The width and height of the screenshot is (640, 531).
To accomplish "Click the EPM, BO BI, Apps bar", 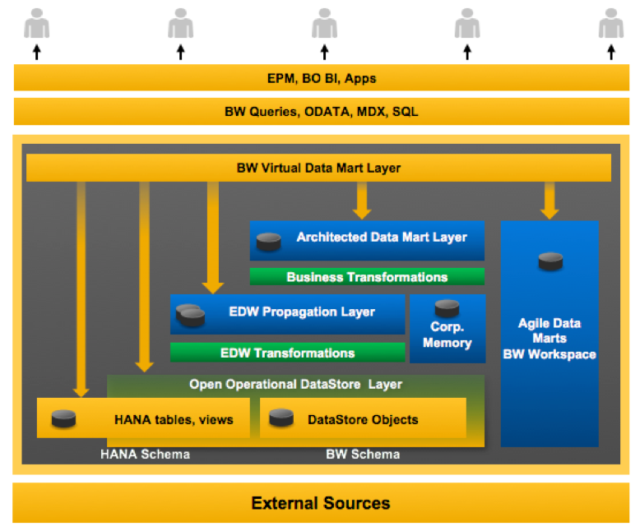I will (x=321, y=79).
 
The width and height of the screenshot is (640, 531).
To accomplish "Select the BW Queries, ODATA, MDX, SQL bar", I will (x=321, y=111).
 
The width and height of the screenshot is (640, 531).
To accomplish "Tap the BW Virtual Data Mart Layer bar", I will (x=318, y=168).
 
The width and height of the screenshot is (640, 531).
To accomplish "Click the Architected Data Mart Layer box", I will (x=367, y=238).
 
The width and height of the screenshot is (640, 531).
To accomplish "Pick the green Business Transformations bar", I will (x=367, y=277).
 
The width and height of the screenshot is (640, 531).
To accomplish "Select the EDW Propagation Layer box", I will (x=287, y=313).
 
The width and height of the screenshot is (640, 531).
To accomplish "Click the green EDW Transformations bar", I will (x=287, y=353).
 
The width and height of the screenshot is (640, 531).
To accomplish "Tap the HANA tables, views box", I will (x=143, y=418).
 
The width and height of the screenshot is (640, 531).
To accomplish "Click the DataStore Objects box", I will (x=363, y=418).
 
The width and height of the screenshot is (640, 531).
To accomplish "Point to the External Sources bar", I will (x=321, y=503).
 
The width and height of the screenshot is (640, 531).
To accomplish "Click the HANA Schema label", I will (x=145, y=455).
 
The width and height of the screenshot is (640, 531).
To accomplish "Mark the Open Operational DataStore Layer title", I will (x=295, y=384).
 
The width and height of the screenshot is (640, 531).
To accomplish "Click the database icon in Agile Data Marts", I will (x=550, y=261).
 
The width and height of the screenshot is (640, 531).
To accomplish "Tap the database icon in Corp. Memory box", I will (x=447, y=309).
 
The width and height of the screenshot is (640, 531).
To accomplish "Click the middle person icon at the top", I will (x=324, y=24).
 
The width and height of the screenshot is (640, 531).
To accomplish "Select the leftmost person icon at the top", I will (x=36, y=24).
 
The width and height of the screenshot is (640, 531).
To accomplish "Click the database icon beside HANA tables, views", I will (x=64, y=418).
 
